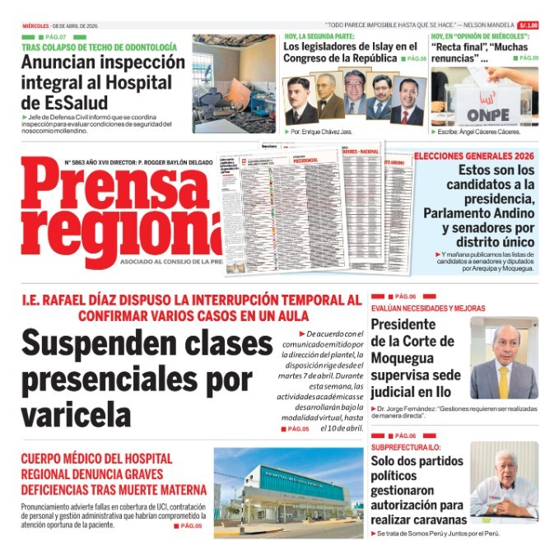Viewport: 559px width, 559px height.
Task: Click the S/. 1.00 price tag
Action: click(x=529, y=25)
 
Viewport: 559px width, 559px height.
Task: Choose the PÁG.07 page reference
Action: click(x=54, y=37)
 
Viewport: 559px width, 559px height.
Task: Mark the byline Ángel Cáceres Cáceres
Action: click(x=497, y=132)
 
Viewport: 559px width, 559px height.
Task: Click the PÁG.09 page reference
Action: click(x=528, y=58)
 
